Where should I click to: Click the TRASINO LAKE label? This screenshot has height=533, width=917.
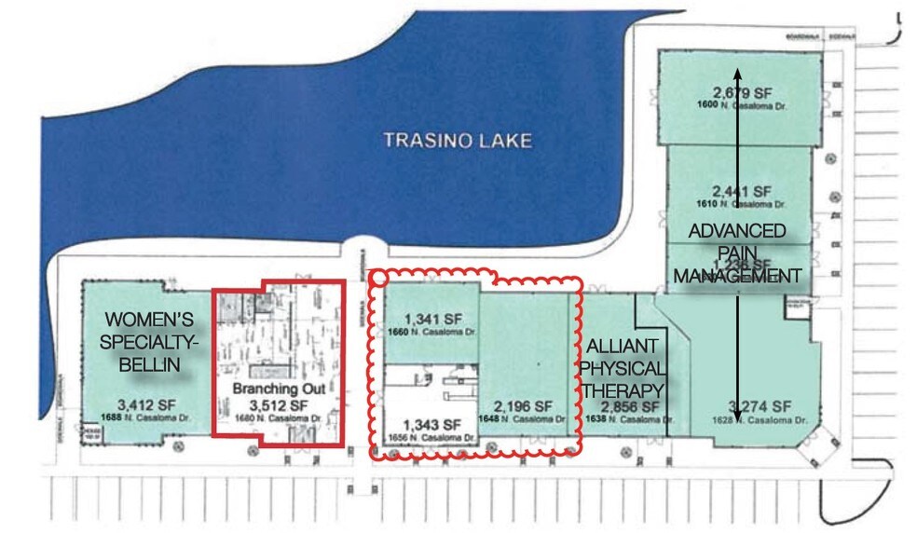458,141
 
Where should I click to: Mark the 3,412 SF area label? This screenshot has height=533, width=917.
140,405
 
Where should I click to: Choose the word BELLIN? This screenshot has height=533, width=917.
149,365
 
